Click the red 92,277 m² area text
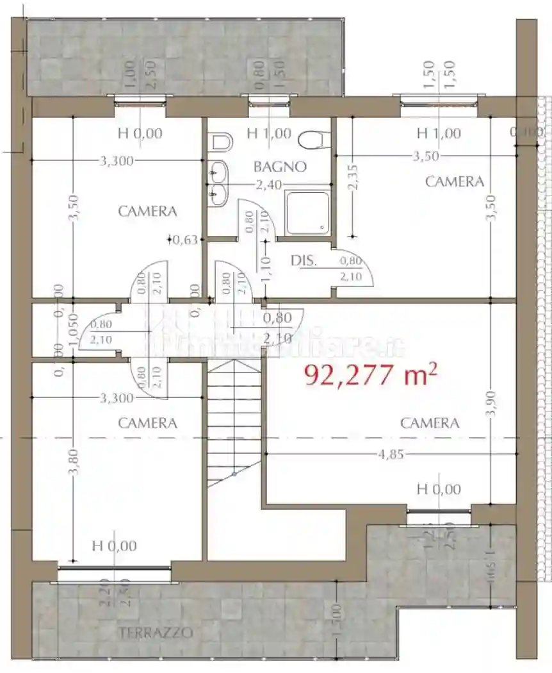pyautogui.click(x=371, y=374)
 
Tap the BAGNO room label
pyautogui.click(x=280, y=167)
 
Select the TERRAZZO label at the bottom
pyautogui.click(x=156, y=633)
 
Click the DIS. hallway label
pyautogui.click(x=304, y=261)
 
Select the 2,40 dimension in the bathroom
pyautogui.click(x=268, y=185)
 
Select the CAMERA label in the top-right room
pyautogui.click(x=455, y=182)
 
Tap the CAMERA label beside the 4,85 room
pyautogui.click(x=430, y=423)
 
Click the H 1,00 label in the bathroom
pyautogui.click(x=269, y=134)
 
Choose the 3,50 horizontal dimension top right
pyautogui.click(x=428, y=156)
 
